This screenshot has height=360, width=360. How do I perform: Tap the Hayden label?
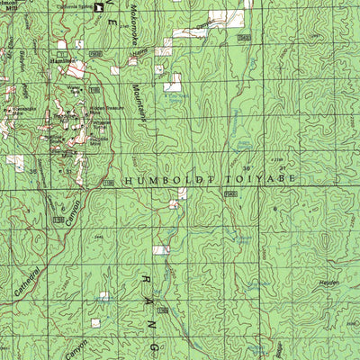point(331,282)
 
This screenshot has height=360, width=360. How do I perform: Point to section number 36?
point(246,168)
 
